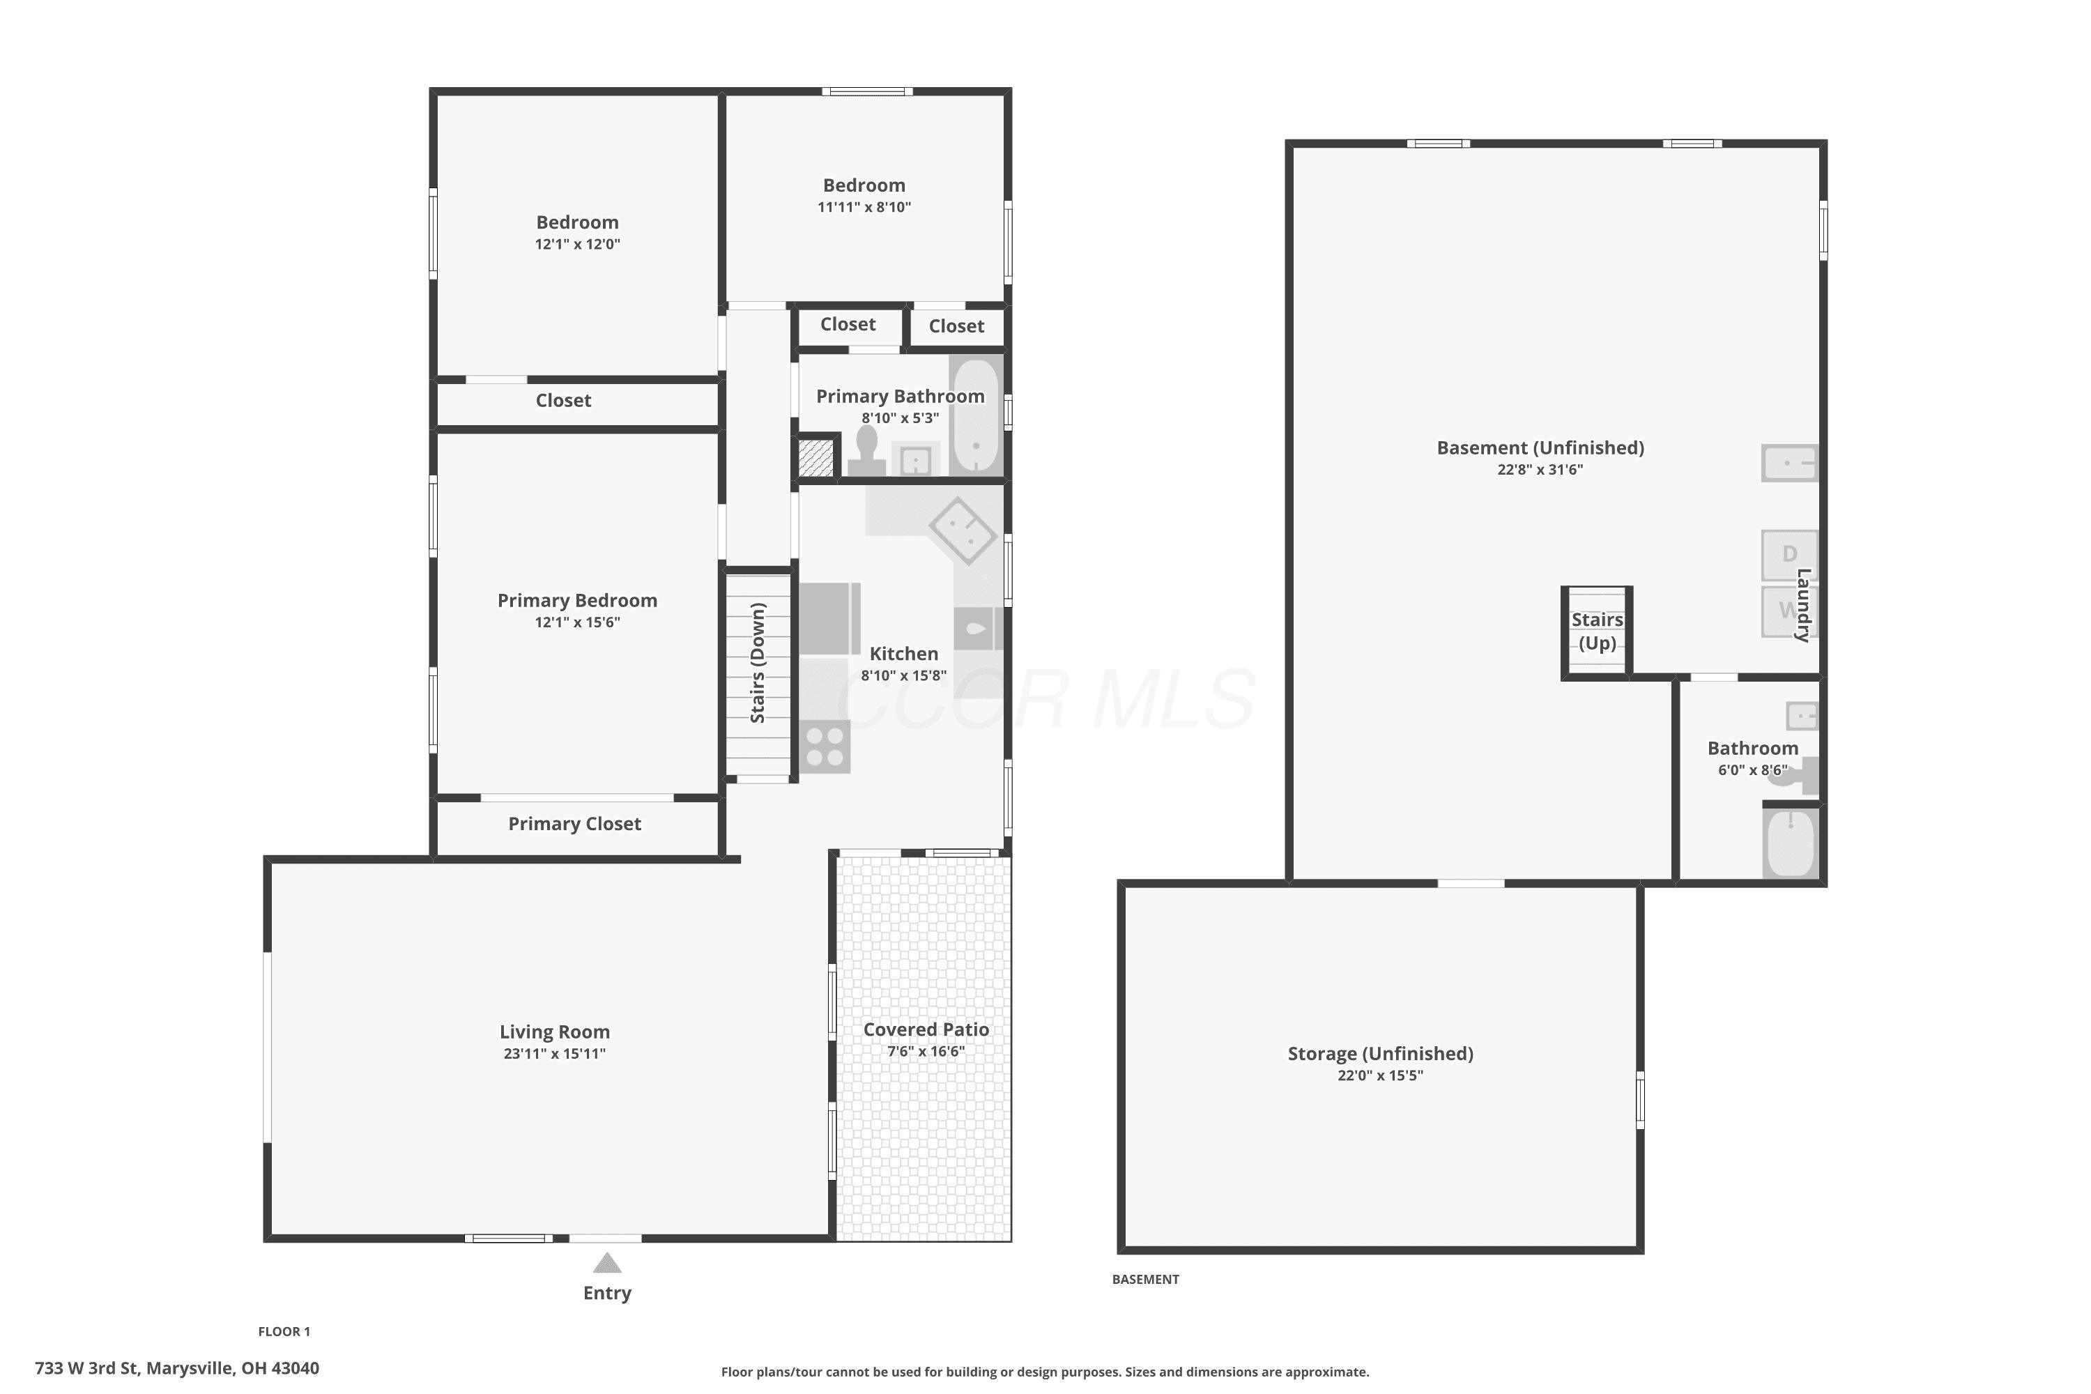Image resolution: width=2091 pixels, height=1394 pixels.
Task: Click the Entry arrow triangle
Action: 607,1262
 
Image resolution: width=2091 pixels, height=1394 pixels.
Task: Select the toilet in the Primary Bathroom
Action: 866,450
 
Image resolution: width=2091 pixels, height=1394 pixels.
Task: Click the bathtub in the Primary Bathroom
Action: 976,415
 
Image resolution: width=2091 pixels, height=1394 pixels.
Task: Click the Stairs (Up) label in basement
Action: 1597,631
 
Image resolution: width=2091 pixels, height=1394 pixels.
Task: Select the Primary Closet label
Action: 574,824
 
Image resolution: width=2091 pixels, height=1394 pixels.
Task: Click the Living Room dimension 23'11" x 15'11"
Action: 555,1053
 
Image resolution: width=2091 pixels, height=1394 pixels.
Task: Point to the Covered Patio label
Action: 926,1029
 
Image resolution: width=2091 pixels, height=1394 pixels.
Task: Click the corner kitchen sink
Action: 963,530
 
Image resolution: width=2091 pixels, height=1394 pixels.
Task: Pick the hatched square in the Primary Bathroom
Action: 815,458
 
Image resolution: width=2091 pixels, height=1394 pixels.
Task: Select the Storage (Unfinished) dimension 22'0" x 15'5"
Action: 1380,1075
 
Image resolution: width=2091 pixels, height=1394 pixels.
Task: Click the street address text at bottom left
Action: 177,1368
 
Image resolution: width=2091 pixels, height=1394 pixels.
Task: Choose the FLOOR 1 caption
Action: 284,1332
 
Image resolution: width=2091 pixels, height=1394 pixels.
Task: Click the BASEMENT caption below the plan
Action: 1145,1279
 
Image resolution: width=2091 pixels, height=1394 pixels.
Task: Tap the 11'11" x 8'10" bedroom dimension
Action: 864,208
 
